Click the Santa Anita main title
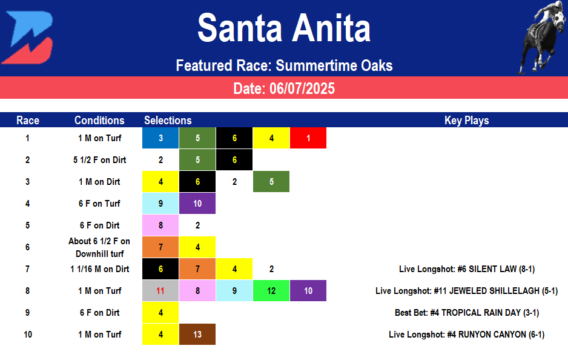click(284, 28)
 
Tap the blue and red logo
click(27, 38)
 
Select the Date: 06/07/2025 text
click(284, 88)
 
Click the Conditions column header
click(99, 120)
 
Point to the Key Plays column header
click(466, 120)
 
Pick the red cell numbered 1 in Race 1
click(308, 138)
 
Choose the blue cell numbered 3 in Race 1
click(160, 138)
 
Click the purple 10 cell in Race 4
click(197, 204)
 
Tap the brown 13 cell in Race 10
click(197, 335)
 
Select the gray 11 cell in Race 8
click(160, 291)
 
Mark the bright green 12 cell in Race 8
click(271, 291)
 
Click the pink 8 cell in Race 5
click(160, 225)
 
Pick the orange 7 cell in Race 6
click(160, 247)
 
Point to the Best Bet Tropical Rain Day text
click(466, 313)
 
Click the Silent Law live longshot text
click(466, 269)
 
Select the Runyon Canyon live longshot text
click(466, 335)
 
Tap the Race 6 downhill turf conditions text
click(99, 247)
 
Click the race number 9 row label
click(27, 313)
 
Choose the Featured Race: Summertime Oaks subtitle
click(284, 65)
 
